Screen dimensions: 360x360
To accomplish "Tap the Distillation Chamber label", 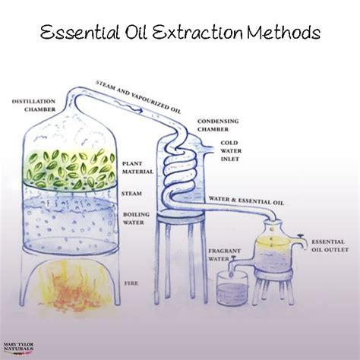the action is click(33, 106).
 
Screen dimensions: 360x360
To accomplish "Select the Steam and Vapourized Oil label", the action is click(138, 97).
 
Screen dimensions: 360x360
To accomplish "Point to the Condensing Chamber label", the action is click(218, 125).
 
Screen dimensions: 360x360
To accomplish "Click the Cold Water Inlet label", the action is click(231, 151).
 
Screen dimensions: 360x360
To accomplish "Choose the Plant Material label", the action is click(137, 168).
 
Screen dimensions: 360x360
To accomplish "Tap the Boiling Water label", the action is click(136, 219).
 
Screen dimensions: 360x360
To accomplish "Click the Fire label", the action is click(131, 283).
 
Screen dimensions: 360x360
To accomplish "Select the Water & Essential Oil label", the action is click(246, 201).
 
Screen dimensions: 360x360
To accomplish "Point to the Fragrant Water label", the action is click(224, 255).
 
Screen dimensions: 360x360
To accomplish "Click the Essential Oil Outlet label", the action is click(330, 245).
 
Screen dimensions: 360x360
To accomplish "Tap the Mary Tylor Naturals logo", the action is click(18, 348).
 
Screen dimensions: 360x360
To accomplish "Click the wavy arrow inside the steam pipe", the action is click(128, 106).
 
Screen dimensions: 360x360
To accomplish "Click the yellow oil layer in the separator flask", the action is click(272, 242).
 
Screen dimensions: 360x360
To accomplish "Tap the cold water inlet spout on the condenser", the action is click(207, 149).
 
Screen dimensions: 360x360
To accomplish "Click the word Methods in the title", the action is click(283, 33).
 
